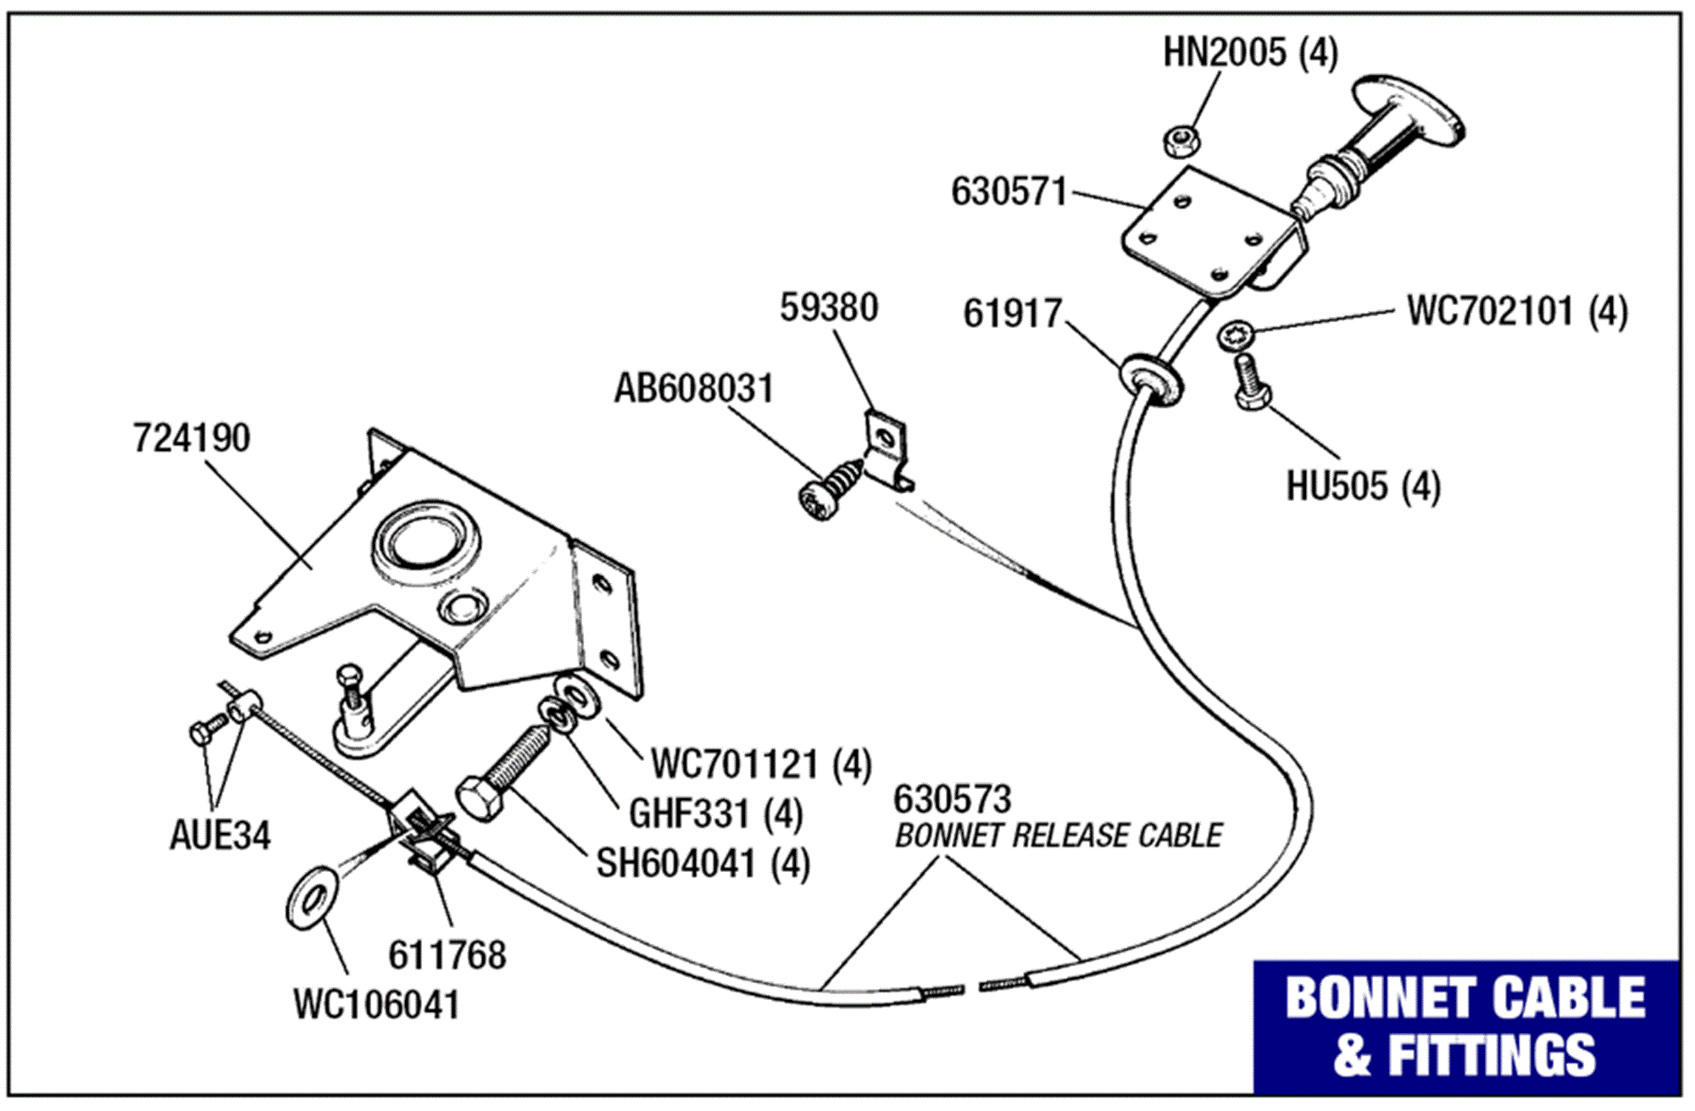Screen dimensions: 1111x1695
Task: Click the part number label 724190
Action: (192, 439)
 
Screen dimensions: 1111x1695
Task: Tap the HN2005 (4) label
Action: (1249, 53)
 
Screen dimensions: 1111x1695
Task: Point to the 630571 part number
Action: (1009, 192)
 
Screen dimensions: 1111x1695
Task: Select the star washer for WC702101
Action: (1234, 336)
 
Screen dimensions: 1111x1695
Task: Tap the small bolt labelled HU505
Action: (1248, 384)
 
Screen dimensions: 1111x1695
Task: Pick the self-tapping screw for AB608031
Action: (831, 492)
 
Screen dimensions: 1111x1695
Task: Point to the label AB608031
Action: (693, 389)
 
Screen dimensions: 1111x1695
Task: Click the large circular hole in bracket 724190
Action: (424, 542)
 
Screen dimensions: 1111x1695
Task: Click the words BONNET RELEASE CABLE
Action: (1058, 836)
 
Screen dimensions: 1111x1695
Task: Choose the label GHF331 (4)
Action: (715, 815)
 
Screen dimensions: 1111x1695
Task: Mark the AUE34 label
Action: (220, 836)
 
